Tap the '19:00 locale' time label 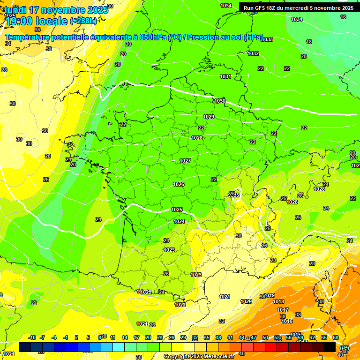pos(36,21)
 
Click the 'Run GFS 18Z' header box pos(297,7)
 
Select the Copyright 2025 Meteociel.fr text pos(199,356)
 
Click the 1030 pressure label pos(220,101)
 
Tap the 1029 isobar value pos(209,117)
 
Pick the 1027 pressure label pos(185,161)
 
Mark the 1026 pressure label pos(179,184)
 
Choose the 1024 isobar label pos(179,221)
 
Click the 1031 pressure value pos(225,76)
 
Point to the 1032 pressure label pos(253,53)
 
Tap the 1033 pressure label pos(267,39)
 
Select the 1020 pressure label pos(246,301)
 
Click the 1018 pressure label pos(278,301)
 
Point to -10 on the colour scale pos(32,337)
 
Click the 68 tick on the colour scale pos(336,337)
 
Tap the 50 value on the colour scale pos(265,337)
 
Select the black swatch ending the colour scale pos(330,347)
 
